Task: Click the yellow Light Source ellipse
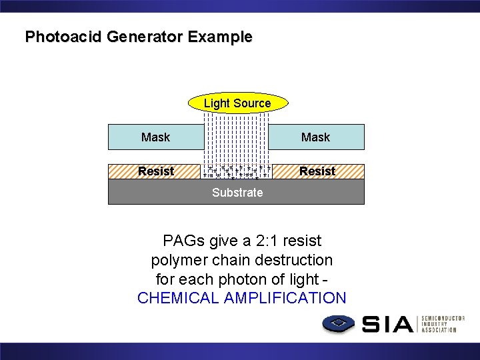tap(237, 103)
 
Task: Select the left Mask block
tap(156, 137)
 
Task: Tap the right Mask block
tap(316, 137)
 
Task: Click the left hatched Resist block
tap(155, 171)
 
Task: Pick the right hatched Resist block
tap(317, 171)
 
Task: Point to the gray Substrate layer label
tap(237, 193)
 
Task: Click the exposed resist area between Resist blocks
tap(237, 171)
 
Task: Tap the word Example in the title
tap(220, 37)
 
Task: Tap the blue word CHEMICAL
tap(178, 298)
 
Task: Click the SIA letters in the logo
tap(387, 325)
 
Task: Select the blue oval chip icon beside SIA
tap(339, 325)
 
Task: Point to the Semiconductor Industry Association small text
tap(442, 325)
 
